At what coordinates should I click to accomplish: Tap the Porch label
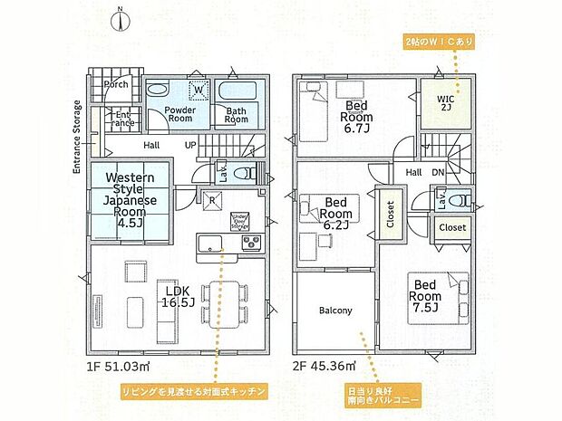116,84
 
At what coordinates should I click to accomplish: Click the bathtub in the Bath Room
242,92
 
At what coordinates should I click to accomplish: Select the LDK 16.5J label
179,296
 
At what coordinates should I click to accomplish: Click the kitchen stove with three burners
249,242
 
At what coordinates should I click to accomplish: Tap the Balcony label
334,311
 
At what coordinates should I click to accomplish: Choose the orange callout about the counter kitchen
195,391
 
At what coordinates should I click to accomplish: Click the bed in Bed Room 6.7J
314,116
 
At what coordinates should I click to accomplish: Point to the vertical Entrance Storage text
78,136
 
